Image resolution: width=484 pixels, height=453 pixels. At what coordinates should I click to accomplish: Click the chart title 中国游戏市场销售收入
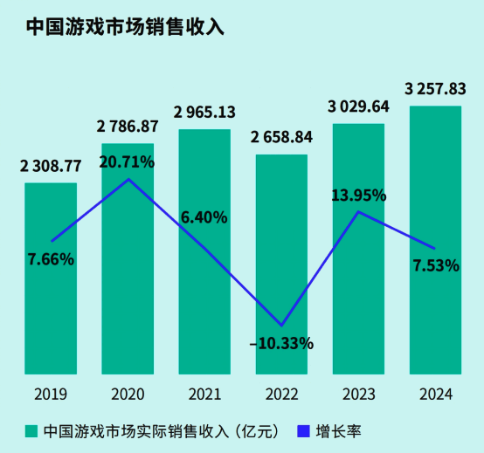click(x=124, y=27)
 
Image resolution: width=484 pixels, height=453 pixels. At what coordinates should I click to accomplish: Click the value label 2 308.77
click(x=51, y=165)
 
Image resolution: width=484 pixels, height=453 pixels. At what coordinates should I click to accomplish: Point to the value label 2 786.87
click(x=128, y=127)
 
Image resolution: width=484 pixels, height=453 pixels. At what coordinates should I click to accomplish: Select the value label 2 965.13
click(x=204, y=113)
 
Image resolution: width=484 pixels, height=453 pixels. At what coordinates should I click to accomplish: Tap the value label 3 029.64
click(x=358, y=107)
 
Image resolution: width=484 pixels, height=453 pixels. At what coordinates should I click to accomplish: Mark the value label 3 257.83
click(x=435, y=88)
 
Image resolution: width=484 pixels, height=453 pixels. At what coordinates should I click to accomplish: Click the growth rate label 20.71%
click(x=128, y=161)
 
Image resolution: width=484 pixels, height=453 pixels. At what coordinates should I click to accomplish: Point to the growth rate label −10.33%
click(x=281, y=343)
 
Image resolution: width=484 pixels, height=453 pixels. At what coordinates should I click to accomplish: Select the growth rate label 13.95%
click(x=358, y=196)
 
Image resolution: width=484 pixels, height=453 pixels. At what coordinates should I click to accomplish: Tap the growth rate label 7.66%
click(x=51, y=258)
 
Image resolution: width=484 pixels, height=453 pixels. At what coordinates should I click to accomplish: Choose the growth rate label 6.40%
click(x=204, y=216)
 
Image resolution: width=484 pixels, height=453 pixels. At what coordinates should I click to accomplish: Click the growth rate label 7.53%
click(x=435, y=265)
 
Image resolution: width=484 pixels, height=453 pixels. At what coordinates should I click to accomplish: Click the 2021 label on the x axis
click(x=204, y=394)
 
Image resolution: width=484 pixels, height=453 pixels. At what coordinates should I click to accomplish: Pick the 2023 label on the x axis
click(x=358, y=394)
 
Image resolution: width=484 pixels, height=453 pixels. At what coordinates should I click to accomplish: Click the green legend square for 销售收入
click(x=31, y=431)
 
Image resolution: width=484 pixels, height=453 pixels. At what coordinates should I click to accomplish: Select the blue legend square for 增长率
click(x=304, y=431)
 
